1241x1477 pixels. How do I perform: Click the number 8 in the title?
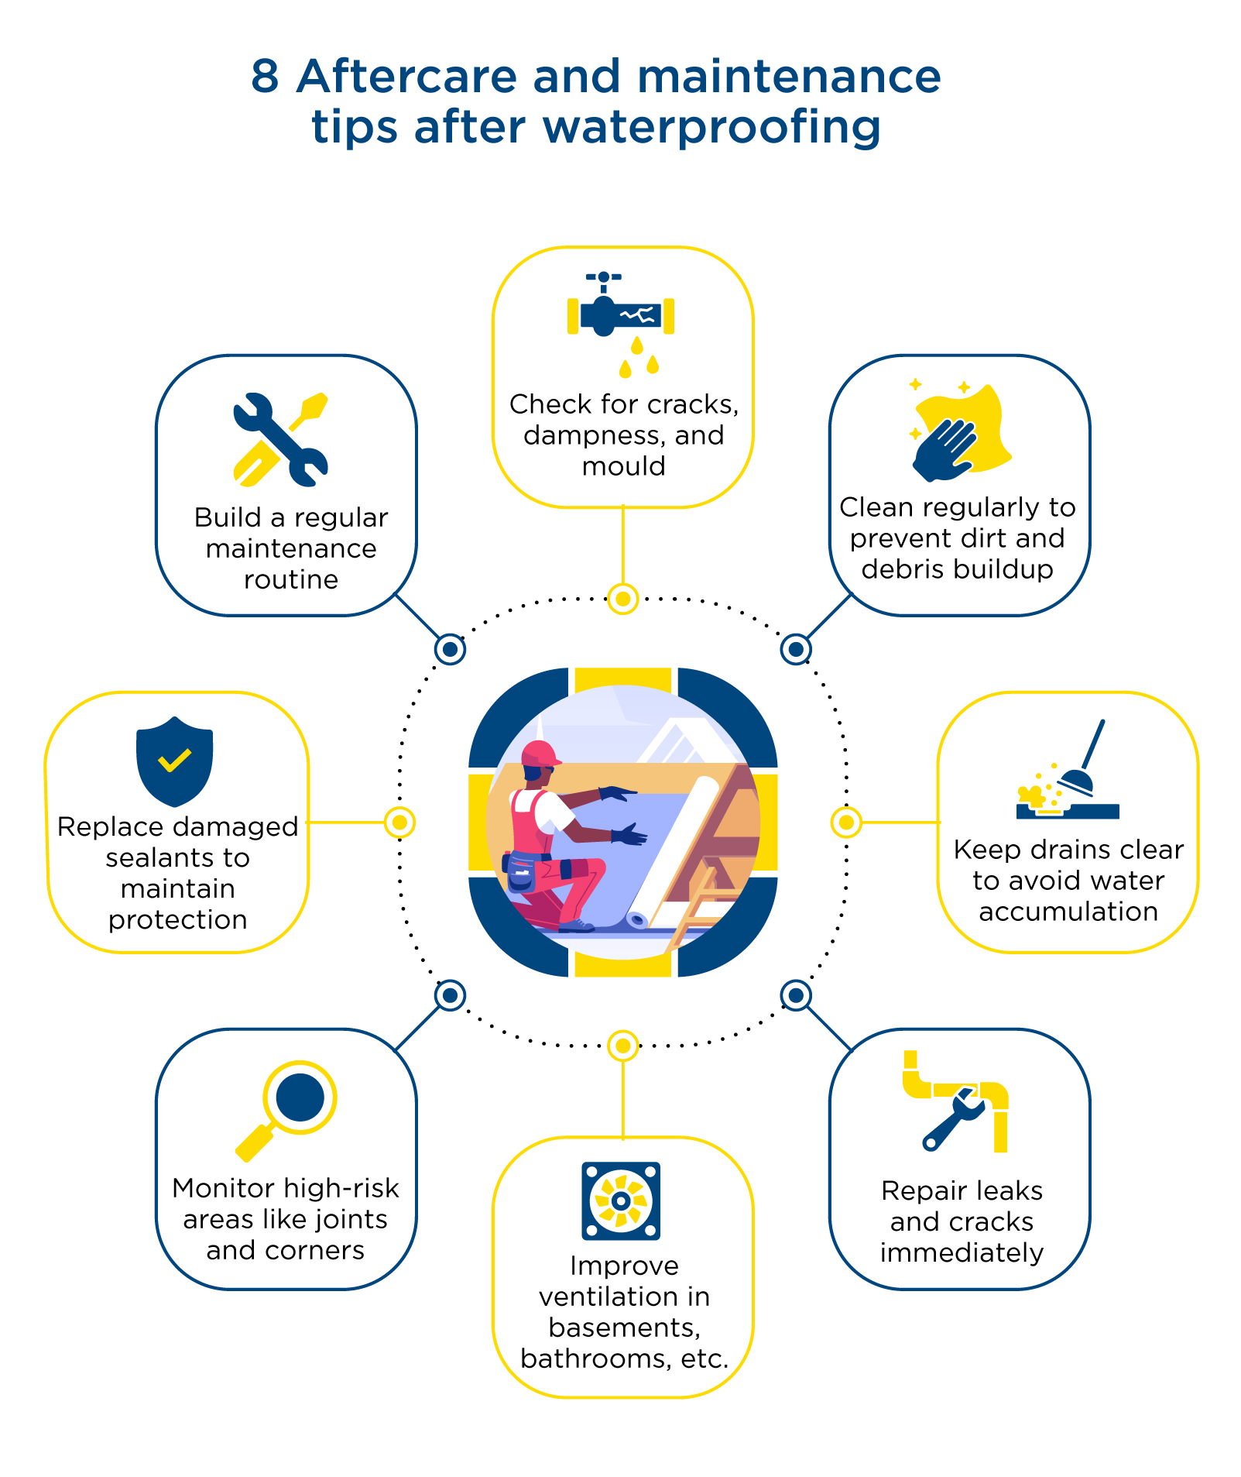click(x=265, y=77)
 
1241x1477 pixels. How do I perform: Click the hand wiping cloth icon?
click(x=960, y=429)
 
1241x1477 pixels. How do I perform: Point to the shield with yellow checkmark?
click(x=174, y=761)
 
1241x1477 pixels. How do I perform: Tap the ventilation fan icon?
click(x=621, y=1200)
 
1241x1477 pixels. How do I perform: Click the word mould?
click(x=623, y=466)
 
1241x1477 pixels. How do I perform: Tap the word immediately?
click(x=962, y=1253)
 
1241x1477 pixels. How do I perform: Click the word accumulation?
click(x=1068, y=912)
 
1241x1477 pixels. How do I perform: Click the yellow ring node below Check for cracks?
click(x=622, y=598)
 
